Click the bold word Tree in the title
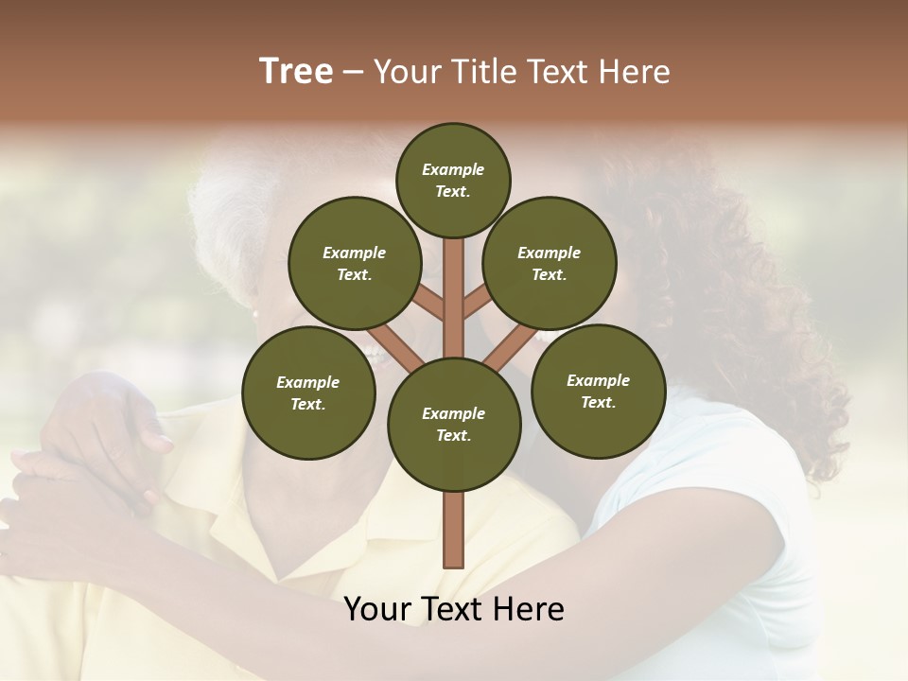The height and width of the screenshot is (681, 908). [x=296, y=72]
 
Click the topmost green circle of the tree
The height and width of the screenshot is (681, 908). [x=453, y=180]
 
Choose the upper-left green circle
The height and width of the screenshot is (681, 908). [x=354, y=263]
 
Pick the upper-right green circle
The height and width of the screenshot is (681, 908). [x=550, y=263]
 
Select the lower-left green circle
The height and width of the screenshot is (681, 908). [x=307, y=393]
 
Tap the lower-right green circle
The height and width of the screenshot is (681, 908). [x=598, y=391]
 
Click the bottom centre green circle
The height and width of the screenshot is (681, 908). [x=454, y=425]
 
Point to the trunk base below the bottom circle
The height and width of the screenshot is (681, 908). [x=454, y=530]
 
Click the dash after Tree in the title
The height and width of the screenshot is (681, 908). [x=354, y=73]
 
